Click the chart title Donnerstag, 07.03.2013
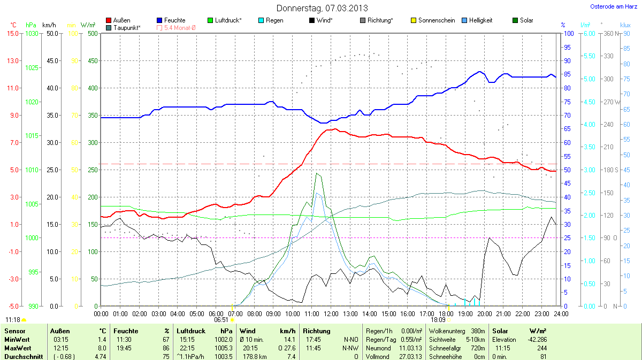click(322, 8)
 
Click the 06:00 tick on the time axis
click(216, 313)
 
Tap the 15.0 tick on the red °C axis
click(12, 33)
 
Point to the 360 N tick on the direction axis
click(609, 33)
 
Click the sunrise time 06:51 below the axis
click(221, 319)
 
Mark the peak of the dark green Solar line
click(317, 173)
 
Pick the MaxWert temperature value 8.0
click(102, 348)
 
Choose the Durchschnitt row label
click(23, 356)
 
